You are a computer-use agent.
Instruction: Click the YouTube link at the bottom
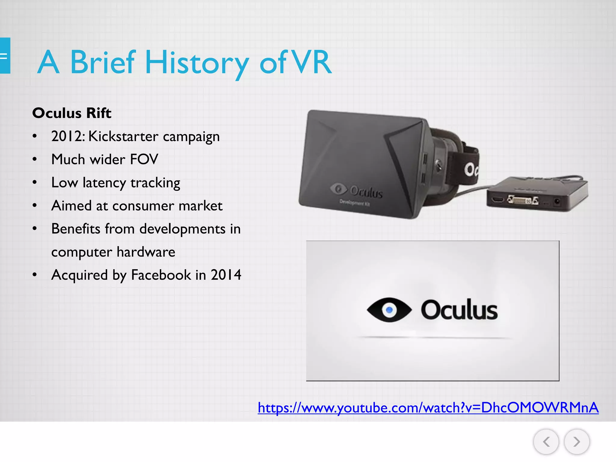428,408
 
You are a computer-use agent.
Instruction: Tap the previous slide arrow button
546,442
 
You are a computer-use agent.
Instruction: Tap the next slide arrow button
577,442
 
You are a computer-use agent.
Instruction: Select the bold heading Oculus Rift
72,113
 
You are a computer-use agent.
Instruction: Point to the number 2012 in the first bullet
67,136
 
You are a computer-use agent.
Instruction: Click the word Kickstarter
123,136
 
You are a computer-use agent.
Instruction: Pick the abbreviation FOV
144,159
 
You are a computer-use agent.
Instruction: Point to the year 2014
226,275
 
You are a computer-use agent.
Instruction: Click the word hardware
146,252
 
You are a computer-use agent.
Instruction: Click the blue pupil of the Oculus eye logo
389,310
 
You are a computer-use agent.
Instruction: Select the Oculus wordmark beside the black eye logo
459,310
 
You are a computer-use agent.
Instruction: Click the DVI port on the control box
523,199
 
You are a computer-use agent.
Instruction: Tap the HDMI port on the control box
497,199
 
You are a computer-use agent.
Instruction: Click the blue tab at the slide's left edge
5,56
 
